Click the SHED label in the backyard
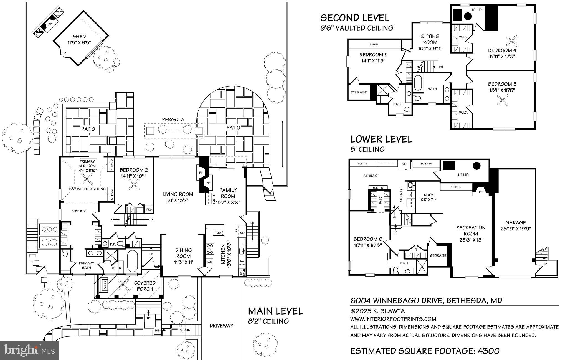pyautogui.click(x=79, y=36)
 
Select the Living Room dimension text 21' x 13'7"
pyautogui.click(x=177, y=201)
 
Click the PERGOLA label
pyautogui.click(x=173, y=120)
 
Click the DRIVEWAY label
pyautogui.click(x=221, y=326)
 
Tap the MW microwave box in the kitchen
pyautogui.click(x=218, y=233)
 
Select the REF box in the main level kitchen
pyautogui.click(x=242, y=232)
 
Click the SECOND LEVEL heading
pyautogui.click(x=355, y=18)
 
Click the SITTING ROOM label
pyautogui.click(x=430, y=39)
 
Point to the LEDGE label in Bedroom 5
pyautogui.click(x=374, y=44)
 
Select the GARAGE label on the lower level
pyautogui.click(x=515, y=222)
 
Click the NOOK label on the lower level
pyautogui.click(x=428, y=195)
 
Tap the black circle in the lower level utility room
pyautogui.click(x=476, y=166)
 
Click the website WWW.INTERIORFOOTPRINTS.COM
pyautogui.click(x=393, y=319)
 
